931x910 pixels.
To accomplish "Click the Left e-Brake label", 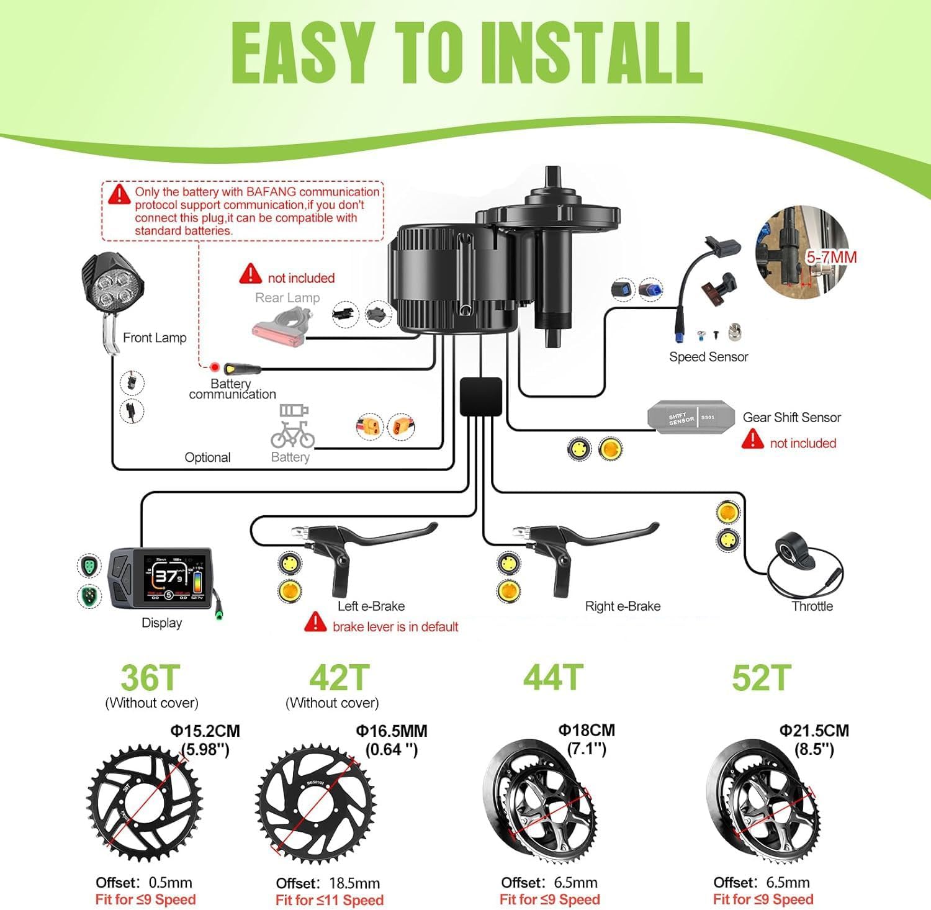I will pyautogui.click(x=371, y=606).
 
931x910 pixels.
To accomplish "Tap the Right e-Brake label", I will pyautogui.click(x=623, y=606).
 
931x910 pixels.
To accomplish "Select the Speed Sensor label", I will pyautogui.click(x=708, y=357).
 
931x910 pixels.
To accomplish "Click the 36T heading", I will pyautogui.click(x=150, y=678).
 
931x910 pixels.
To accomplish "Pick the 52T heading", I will pyautogui.click(x=762, y=678).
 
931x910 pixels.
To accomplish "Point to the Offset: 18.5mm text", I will pyautogui.click(x=328, y=883).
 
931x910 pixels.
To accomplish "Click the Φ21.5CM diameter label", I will pyautogui.click(x=814, y=731).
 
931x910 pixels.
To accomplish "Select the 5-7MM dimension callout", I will pyautogui.click(x=831, y=257).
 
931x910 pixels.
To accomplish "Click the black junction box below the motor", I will pyautogui.click(x=481, y=397).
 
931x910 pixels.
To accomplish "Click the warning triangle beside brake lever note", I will pyautogui.click(x=315, y=622).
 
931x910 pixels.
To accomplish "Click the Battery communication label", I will pyautogui.click(x=232, y=389).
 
